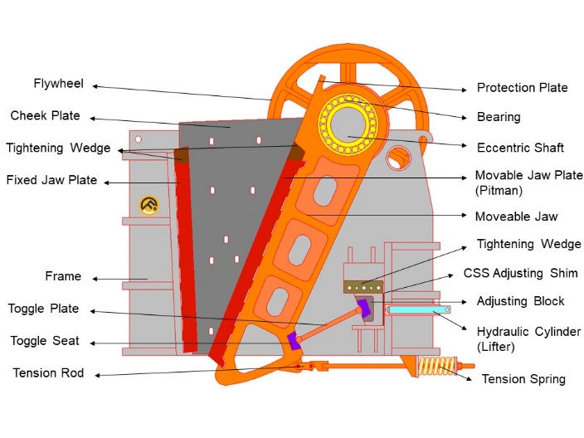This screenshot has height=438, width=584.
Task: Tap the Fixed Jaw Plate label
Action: click(x=51, y=180)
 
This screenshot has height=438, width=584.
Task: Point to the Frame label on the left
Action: click(x=63, y=276)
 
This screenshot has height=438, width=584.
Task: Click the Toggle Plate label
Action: click(x=43, y=309)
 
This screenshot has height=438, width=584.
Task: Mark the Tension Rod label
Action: click(x=48, y=373)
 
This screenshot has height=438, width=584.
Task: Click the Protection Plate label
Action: click(x=522, y=88)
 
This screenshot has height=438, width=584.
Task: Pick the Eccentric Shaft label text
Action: click(x=520, y=148)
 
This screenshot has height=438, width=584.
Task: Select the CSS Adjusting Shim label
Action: click(x=527, y=274)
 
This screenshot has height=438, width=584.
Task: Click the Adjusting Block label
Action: click(x=520, y=301)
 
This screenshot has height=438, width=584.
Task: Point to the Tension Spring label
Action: click(x=523, y=379)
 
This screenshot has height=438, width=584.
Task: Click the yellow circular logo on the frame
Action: click(x=149, y=205)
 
